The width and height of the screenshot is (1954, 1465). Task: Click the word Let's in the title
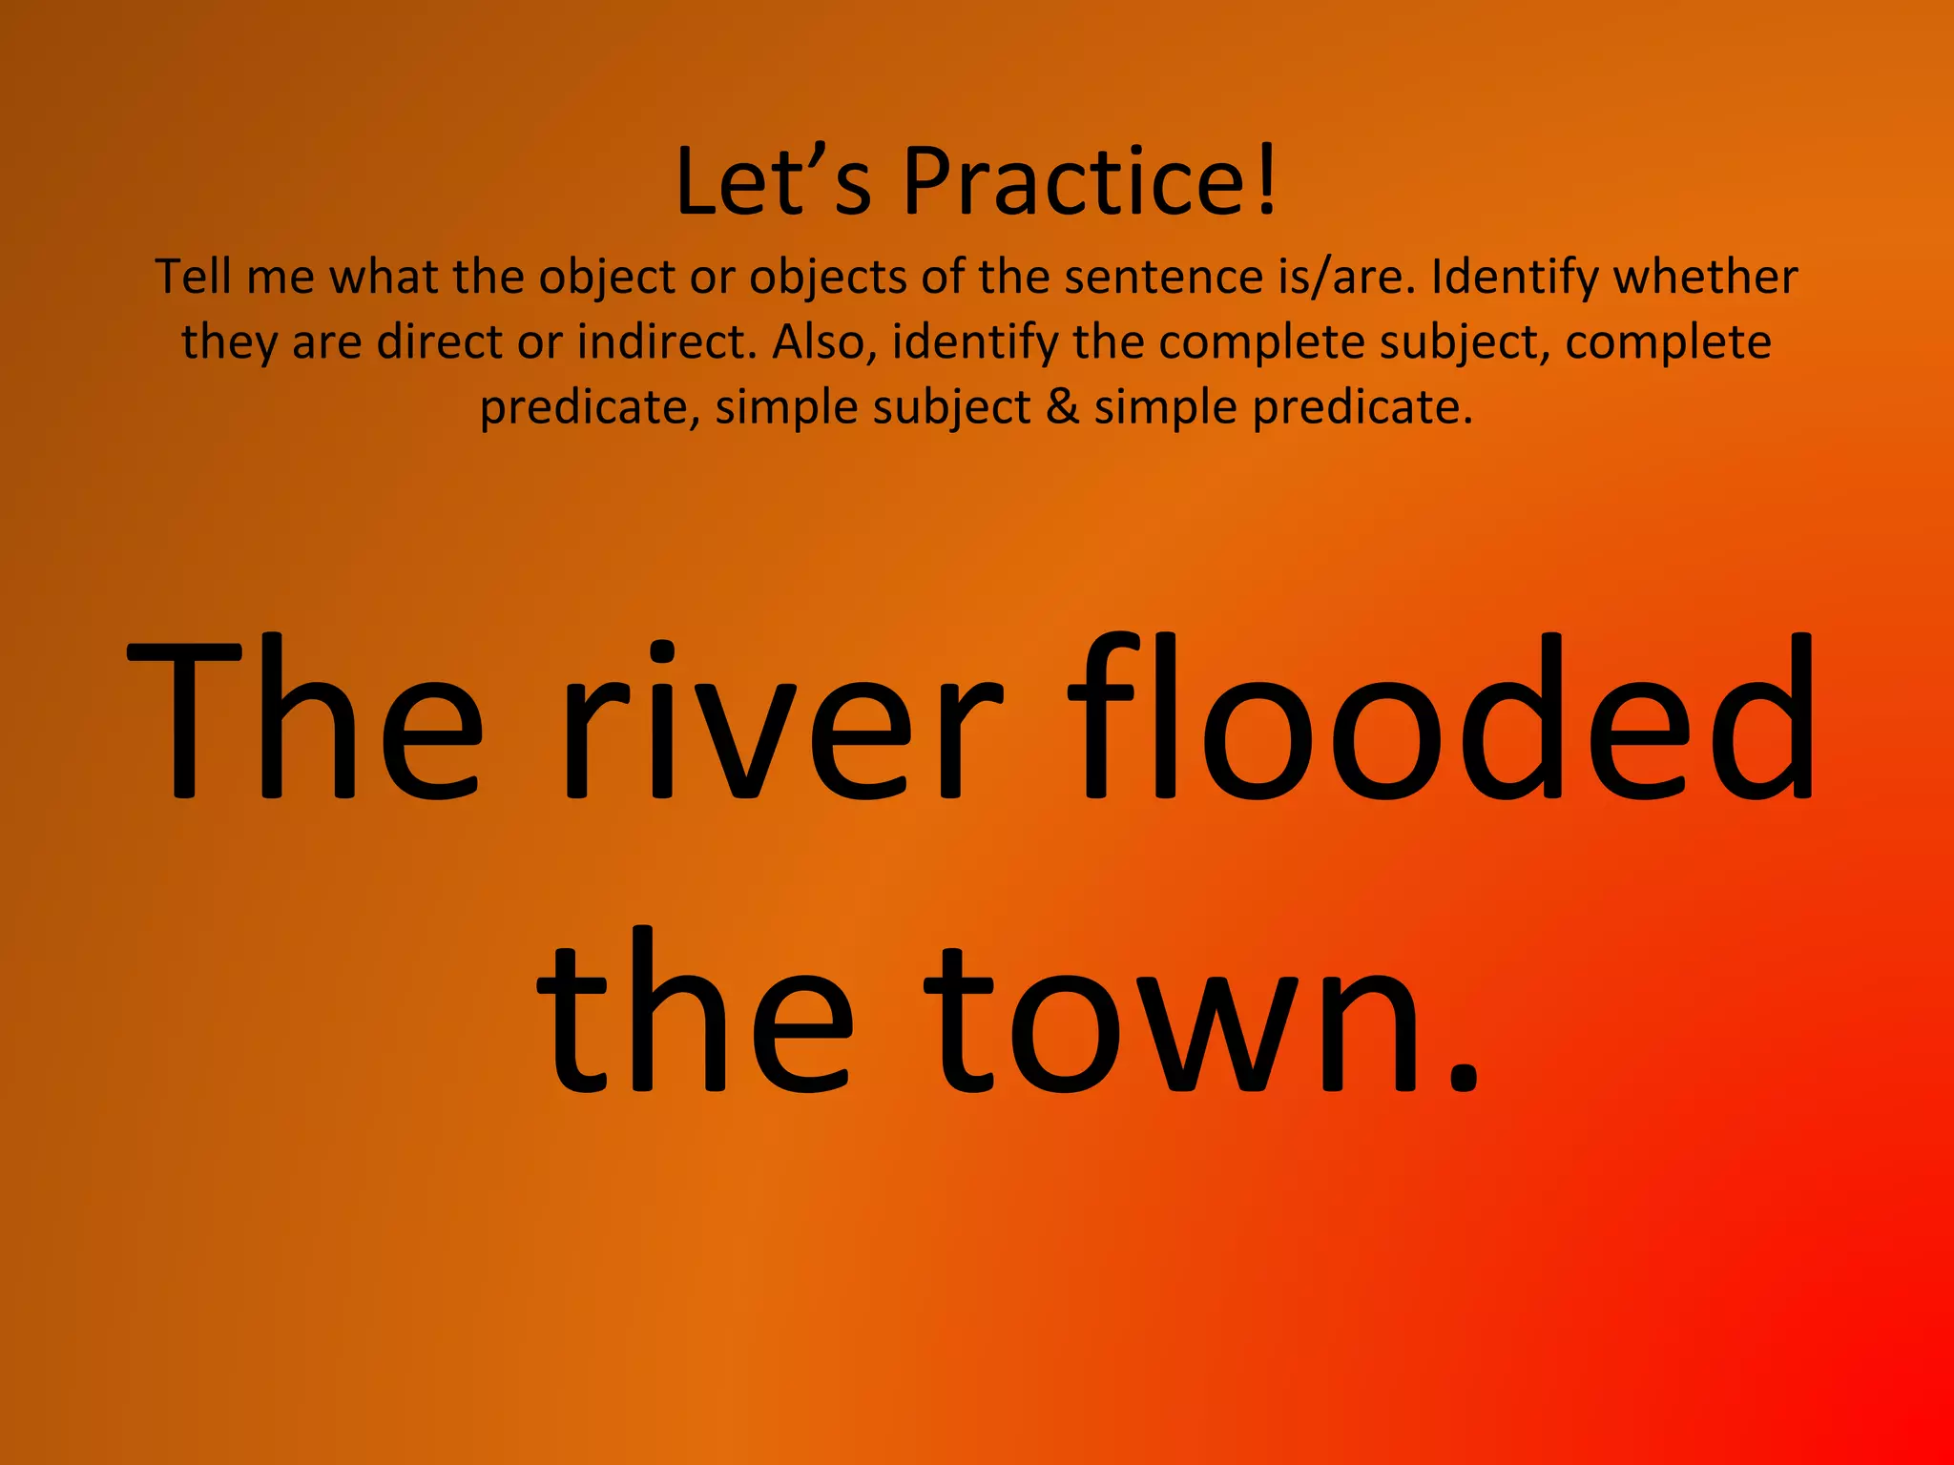pos(773,181)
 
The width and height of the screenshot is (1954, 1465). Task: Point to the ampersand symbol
pos(1062,407)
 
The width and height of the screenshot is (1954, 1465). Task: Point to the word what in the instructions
pos(384,277)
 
